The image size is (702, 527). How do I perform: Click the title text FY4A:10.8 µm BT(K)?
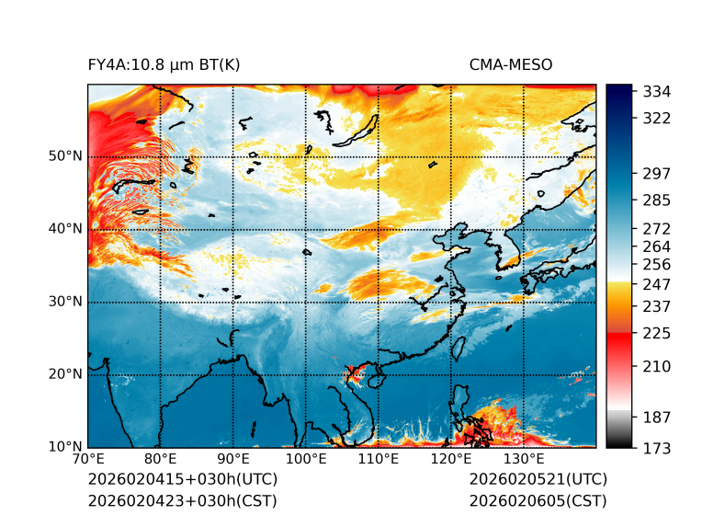tap(164, 64)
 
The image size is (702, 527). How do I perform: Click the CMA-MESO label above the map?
tap(510, 64)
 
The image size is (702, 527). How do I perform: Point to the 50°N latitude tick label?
tap(64, 156)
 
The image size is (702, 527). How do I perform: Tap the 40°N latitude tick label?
tap(64, 229)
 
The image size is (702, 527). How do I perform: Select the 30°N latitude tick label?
tap(64, 302)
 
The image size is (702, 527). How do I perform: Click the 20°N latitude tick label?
tap(64, 374)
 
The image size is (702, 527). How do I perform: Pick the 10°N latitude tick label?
tap(64, 447)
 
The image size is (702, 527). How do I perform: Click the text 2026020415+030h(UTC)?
tap(182, 480)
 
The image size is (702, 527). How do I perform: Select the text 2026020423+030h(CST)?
tap(182, 501)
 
